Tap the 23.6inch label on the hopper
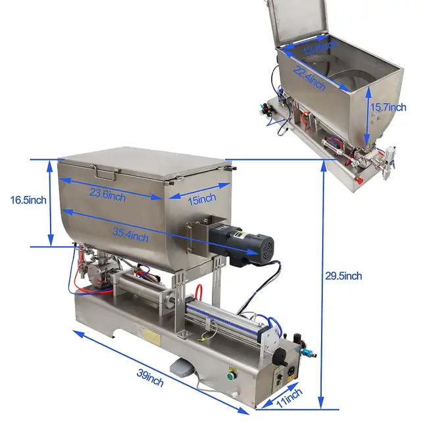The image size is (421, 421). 108,195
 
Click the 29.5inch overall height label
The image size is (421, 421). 343,276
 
